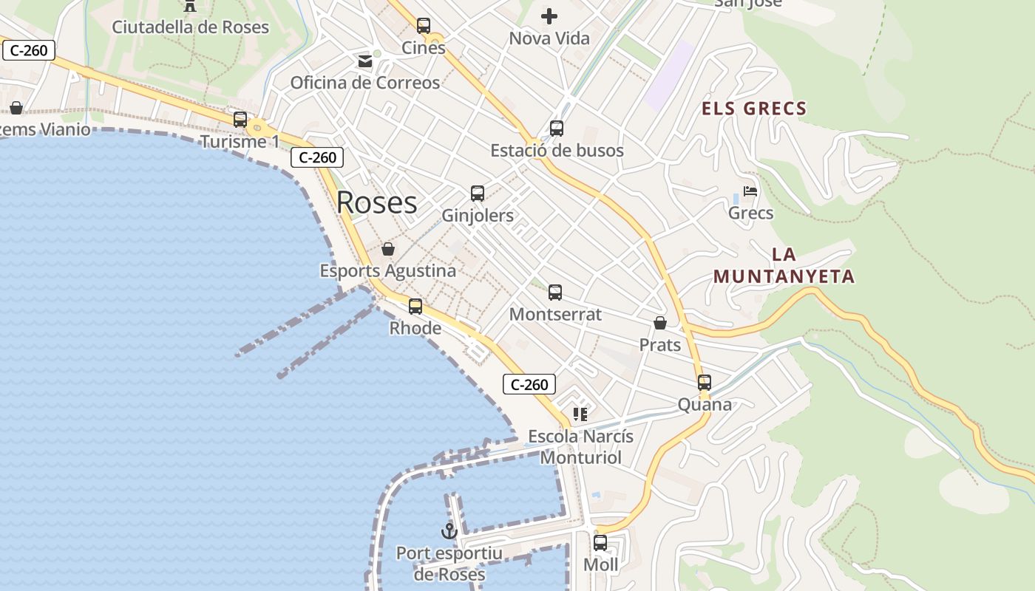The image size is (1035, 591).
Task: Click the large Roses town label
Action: point(376,202)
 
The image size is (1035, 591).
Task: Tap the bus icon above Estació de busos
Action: point(557,129)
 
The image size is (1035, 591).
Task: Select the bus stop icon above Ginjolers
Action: point(478,194)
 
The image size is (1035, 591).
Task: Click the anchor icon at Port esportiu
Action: point(449,530)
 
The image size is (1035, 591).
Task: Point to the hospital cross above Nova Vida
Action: point(549,16)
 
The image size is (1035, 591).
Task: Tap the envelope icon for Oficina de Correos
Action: point(365,61)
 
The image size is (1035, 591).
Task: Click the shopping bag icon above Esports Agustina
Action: point(388,249)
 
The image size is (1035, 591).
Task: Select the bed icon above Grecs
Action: point(750,191)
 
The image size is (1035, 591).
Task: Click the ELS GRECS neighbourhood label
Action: point(754,109)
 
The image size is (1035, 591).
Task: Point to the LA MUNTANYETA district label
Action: point(784,266)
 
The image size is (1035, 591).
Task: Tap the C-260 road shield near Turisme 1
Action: point(317,157)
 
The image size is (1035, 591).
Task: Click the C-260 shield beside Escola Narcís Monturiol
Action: point(529,384)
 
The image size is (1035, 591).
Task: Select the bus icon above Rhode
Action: point(415,306)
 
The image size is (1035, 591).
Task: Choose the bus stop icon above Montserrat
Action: point(555,293)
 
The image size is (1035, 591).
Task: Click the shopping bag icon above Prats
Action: point(660,323)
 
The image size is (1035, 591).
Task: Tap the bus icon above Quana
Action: point(705,383)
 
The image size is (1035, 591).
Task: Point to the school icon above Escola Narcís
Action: point(580,414)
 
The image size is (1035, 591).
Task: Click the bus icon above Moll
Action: point(600,543)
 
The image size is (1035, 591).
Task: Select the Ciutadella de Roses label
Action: point(190,27)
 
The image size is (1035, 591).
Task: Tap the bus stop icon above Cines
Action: point(424,26)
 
